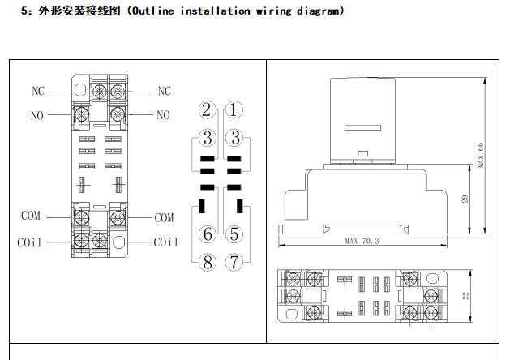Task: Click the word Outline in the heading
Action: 154,11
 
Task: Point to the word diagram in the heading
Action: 319,11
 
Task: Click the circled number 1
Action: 234,109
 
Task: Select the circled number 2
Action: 208,109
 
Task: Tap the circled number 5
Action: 234,234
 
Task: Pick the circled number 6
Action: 208,234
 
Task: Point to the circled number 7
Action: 234,262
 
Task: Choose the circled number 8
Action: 208,262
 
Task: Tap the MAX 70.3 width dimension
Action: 362,241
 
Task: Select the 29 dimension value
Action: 465,199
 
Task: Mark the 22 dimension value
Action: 465,296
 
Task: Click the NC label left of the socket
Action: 39,91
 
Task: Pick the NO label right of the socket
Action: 163,115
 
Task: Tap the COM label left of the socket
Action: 30,216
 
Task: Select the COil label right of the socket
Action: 165,242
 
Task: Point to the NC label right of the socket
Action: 165,91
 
